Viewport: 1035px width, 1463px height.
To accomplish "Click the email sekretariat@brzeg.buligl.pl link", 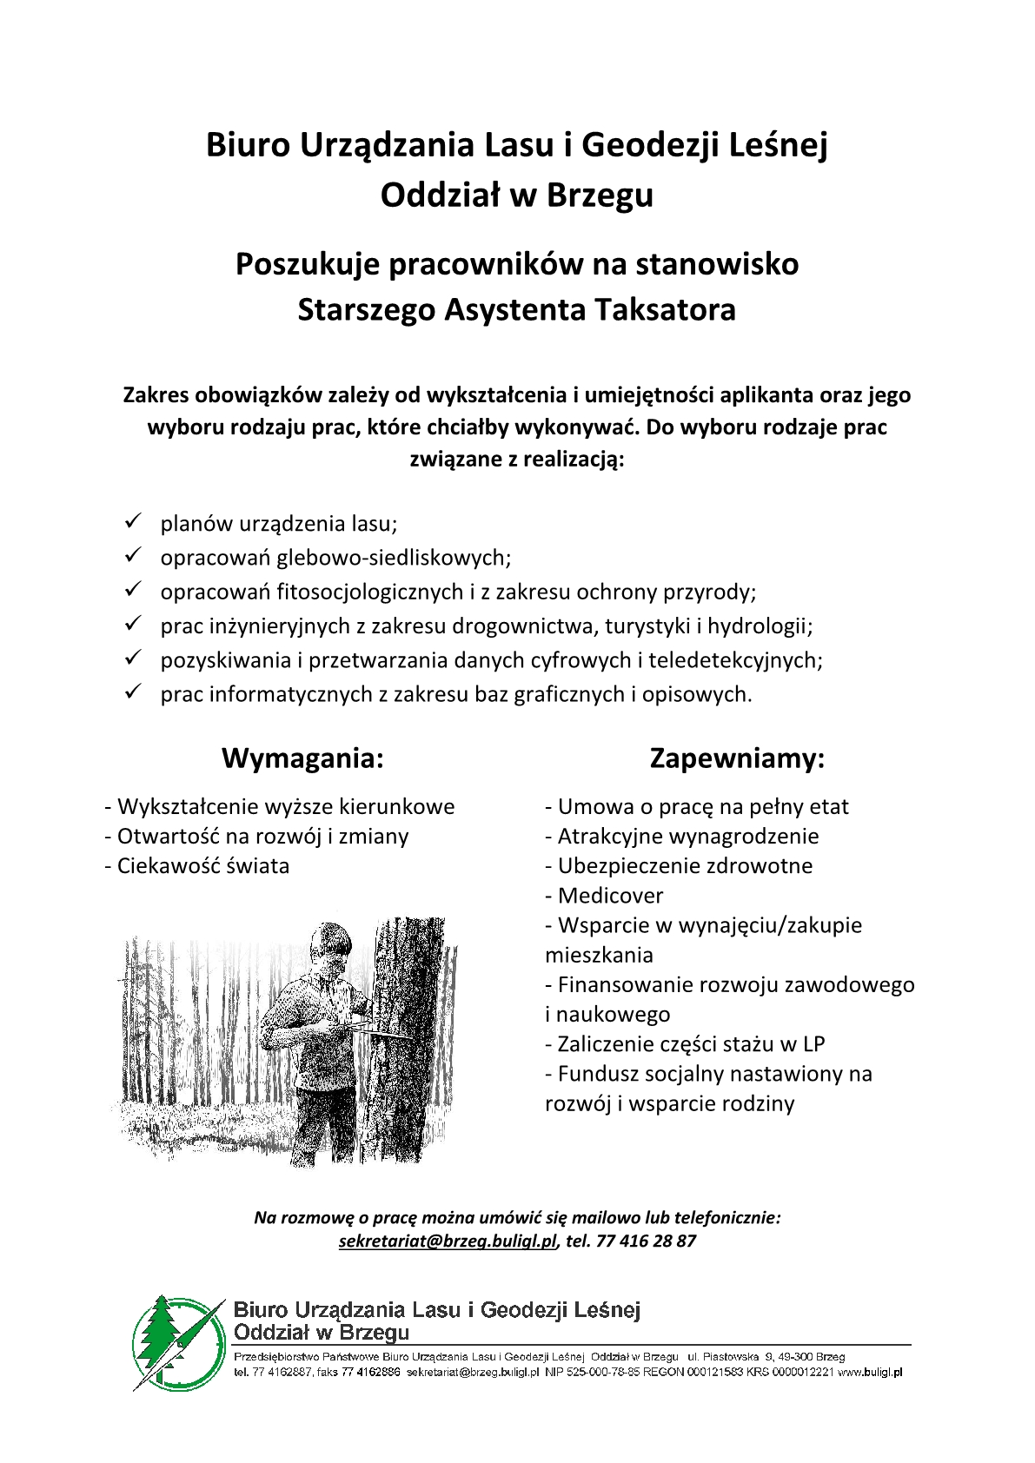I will (x=447, y=1241).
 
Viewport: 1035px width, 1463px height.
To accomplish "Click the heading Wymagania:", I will (x=302, y=758).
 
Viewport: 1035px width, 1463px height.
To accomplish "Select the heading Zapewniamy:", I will (x=737, y=758).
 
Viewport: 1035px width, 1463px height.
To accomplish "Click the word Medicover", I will (x=610, y=896).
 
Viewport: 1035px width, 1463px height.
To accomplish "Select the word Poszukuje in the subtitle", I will (x=308, y=263).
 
